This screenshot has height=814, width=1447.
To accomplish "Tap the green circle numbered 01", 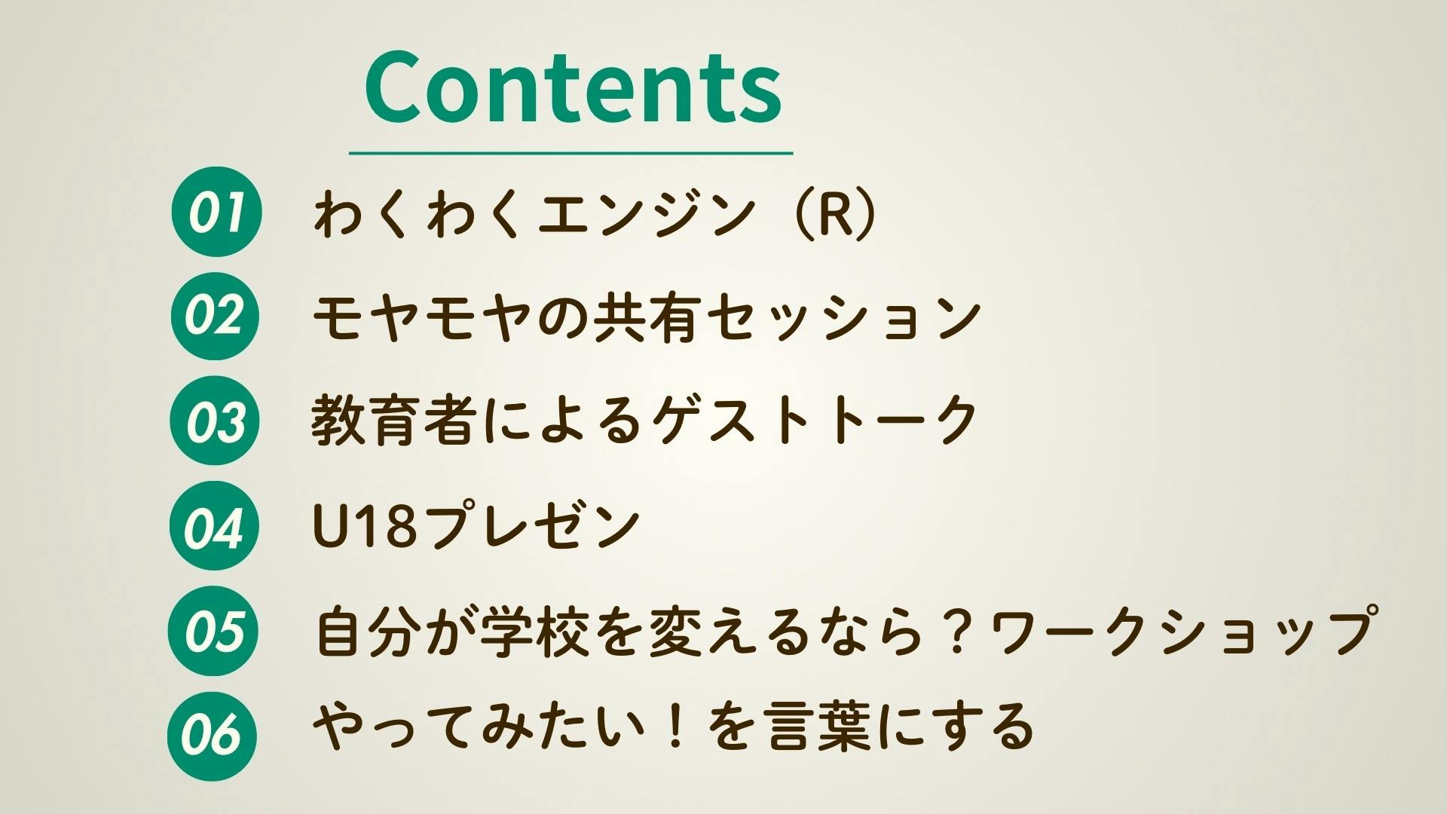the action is click(216, 212).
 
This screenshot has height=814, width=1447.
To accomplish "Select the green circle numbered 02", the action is click(216, 316).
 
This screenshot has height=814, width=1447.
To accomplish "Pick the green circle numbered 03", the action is click(216, 421).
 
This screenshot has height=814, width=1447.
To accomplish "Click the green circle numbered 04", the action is click(216, 525).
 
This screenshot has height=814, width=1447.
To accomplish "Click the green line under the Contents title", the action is click(571, 153).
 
